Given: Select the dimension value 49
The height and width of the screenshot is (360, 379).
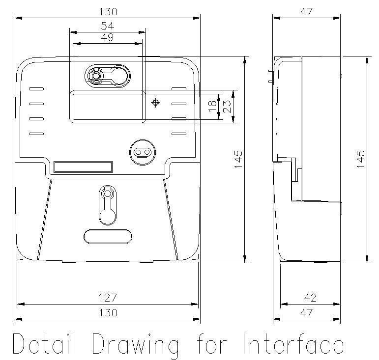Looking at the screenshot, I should pyautogui.click(x=108, y=38).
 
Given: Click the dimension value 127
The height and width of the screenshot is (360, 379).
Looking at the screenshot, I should pyautogui.click(x=108, y=298).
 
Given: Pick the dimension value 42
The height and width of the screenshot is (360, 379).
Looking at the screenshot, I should pyautogui.click(x=310, y=298).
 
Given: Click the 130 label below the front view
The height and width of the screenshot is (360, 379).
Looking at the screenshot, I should pyautogui.click(x=108, y=312).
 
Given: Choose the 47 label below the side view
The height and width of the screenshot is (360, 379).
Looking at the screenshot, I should pyautogui.click(x=307, y=312).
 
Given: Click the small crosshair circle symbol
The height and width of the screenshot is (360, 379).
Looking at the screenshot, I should pyautogui.click(x=156, y=103).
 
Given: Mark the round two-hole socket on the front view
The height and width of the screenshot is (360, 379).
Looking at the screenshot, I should pyautogui.click(x=142, y=152).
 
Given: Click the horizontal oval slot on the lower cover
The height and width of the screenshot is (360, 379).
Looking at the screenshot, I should pyautogui.click(x=108, y=236).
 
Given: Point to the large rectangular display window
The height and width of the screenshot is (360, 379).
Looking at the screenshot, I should pyautogui.click(x=108, y=106).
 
